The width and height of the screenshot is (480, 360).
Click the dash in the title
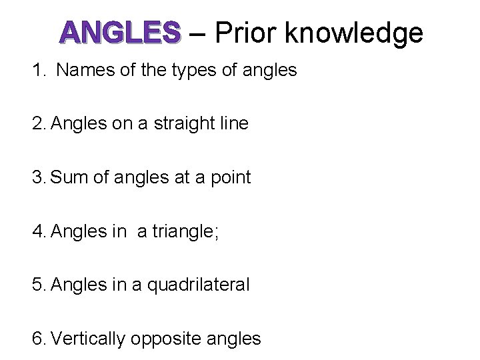[x=197, y=33]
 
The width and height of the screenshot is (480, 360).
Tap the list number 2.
[x=37, y=123]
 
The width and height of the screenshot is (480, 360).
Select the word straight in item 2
[x=185, y=124]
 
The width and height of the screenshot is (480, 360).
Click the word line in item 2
[x=234, y=123]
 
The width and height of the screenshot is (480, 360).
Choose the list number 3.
[x=37, y=177]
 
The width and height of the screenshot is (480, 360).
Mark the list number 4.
[x=37, y=231]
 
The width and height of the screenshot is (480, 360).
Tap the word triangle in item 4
[x=181, y=232]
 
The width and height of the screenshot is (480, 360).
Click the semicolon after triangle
[x=215, y=233]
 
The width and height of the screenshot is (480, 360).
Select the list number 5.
[x=37, y=285]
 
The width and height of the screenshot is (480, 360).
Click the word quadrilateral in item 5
[x=198, y=285]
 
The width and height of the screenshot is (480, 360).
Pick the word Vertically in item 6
[x=88, y=339]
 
